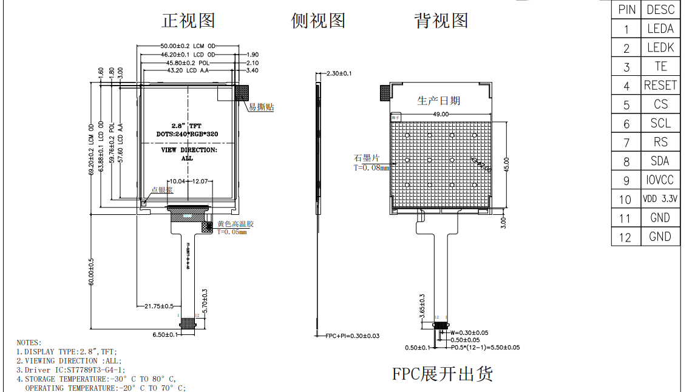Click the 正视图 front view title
(188, 21)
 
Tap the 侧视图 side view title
(318, 21)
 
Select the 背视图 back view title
(441, 21)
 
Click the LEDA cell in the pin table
(660, 29)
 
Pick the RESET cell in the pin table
(660, 86)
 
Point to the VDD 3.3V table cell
(660, 199)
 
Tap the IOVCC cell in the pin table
(660, 180)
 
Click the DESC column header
(660, 10)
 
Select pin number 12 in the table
(625, 237)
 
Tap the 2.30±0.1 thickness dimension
(339, 73)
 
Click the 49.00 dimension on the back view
(441, 114)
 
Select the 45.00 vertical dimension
(506, 164)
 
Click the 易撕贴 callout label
(261, 107)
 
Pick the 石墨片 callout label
(367, 158)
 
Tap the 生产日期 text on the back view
(438, 100)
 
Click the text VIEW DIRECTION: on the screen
(188, 149)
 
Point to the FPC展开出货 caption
(442, 374)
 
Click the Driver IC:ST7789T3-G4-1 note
(70, 370)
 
